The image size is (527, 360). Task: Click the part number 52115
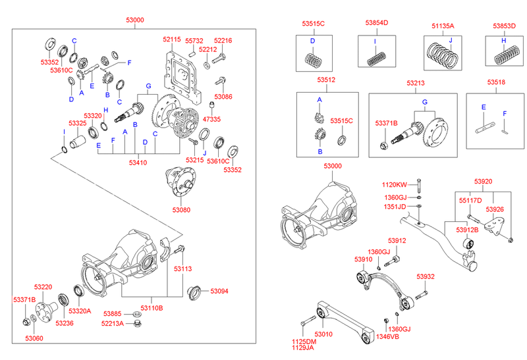pyautogui.click(x=172, y=40)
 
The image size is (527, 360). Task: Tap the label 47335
pyautogui.click(x=211, y=120)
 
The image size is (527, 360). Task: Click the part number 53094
pyautogui.click(x=219, y=290)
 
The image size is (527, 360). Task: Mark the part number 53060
pyautogui.click(x=34, y=338)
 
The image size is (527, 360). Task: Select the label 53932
pyautogui.click(x=426, y=276)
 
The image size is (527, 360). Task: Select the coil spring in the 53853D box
pyautogui.click(x=508, y=55)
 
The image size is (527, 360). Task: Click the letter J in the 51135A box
pyautogui.click(x=451, y=40)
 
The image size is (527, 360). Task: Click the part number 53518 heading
pyautogui.click(x=496, y=83)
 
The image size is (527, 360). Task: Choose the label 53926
pyautogui.click(x=495, y=209)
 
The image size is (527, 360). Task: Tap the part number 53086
pyautogui.click(x=223, y=96)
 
